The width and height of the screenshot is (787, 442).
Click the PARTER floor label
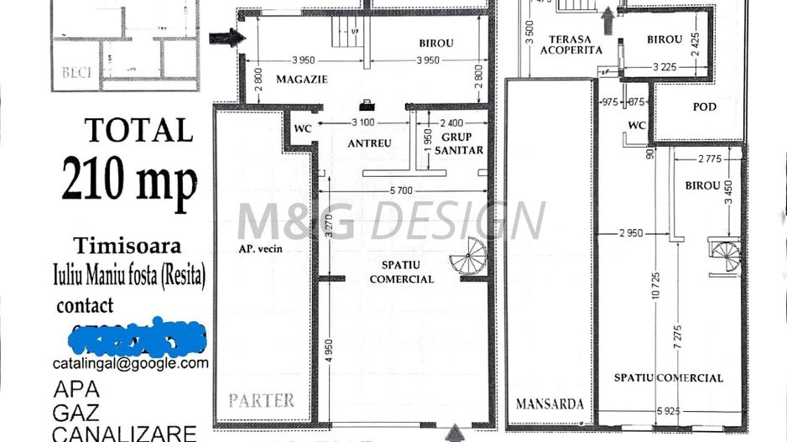[262, 400]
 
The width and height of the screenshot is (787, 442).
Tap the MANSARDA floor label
[550, 403]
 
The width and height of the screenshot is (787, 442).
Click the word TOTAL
[138, 130]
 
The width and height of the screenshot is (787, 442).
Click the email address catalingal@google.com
[130, 363]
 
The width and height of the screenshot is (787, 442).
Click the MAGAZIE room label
[300, 80]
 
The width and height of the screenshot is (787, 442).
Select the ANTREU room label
[369, 143]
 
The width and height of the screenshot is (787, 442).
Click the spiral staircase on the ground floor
[467, 255]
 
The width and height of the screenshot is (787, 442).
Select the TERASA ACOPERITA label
[571, 44]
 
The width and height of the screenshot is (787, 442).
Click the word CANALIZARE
[123, 433]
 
